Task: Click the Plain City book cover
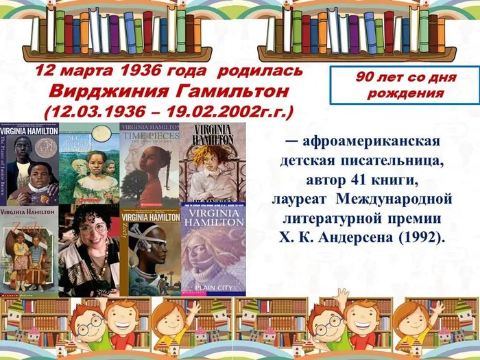click(213, 249)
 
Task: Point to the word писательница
click(399, 162)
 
